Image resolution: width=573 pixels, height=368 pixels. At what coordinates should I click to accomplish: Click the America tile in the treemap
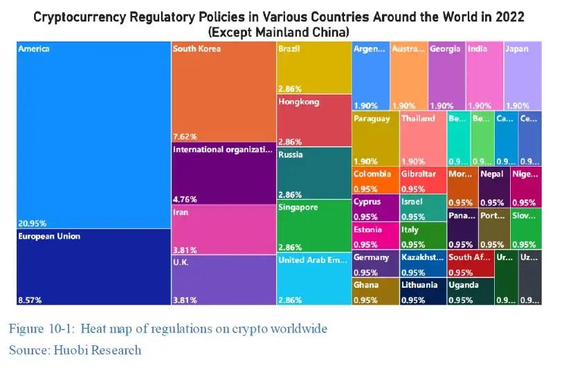tap(93, 135)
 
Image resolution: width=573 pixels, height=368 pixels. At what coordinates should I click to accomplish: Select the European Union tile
tap(93, 266)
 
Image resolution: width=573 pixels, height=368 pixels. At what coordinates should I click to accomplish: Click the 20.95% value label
tap(31, 224)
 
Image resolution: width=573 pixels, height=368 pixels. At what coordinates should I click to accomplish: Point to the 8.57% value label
tap(28, 300)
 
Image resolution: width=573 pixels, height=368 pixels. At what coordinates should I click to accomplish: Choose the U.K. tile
tap(223, 280)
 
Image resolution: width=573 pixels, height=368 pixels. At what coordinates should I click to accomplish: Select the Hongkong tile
tap(313, 120)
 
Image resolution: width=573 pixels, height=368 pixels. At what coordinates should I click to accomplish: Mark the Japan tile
tap(522, 76)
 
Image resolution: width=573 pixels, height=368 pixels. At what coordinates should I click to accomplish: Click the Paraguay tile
tap(375, 138)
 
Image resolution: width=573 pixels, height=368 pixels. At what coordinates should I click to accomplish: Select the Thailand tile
tap(422, 138)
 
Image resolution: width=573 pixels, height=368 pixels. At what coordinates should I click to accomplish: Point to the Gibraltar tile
tap(422, 180)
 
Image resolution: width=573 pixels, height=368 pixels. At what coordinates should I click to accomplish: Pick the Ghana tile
tap(375, 291)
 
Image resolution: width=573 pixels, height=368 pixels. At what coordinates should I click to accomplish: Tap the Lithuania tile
tap(422, 291)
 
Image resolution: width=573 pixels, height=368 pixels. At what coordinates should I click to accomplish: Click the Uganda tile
tap(470, 291)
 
